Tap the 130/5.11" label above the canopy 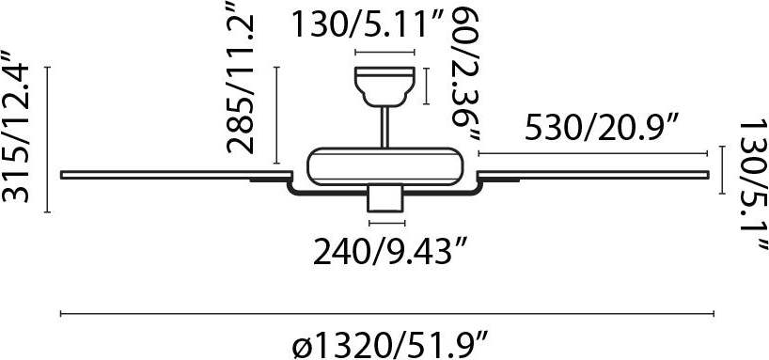point(368,24)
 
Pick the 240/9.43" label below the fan point(388,253)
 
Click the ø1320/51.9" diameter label point(388,345)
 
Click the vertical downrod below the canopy point(385,127)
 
